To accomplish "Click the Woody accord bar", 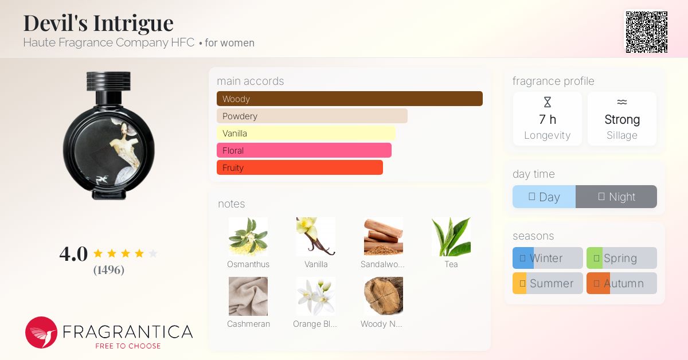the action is point(350,99).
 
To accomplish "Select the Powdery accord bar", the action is point(312,116).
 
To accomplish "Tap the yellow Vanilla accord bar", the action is point(306,133).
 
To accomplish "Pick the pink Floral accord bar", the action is point(304,150).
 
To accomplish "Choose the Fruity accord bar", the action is point(300,167).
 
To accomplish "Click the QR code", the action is point(647,32).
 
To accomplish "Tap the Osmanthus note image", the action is point(248,237).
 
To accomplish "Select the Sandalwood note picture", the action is point(384,237).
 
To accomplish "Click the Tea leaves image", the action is point(451,237).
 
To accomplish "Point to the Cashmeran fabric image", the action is point(248,296).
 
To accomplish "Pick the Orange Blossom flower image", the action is point(316,296).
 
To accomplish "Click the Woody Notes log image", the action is point(384,296).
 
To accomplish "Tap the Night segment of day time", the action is point(616,197).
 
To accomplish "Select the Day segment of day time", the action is point(544,197).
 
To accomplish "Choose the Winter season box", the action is point(548,258).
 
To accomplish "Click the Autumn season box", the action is point(621,283).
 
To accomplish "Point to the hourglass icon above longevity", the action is point(548,102).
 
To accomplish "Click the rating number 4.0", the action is point(73,254).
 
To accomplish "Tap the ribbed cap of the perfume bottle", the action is point(108,81).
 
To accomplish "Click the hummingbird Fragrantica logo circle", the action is point(41,332).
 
